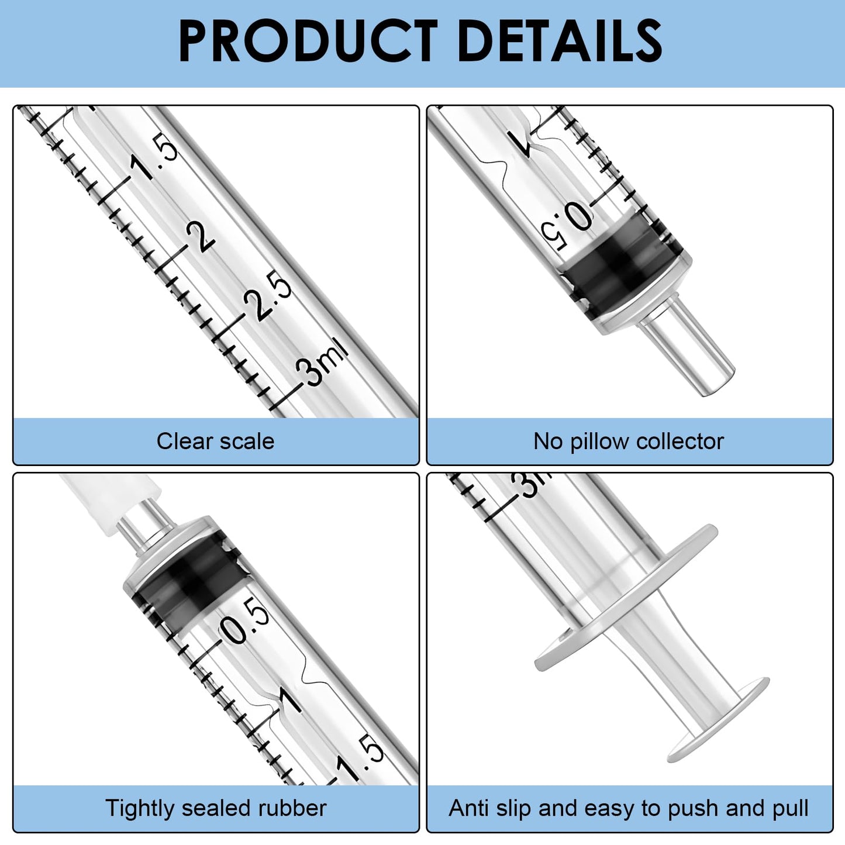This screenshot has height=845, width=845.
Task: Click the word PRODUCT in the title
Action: tap(308, 41)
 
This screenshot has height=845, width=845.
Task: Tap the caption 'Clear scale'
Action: tap(215, 441)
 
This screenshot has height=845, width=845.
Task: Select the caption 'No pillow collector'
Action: tap(629, 441)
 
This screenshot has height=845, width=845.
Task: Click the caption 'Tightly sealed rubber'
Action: tap(215, 808)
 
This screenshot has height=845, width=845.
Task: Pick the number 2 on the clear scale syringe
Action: tap(201, 237)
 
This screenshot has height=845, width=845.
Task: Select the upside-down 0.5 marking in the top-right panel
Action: tap(566, 225)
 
